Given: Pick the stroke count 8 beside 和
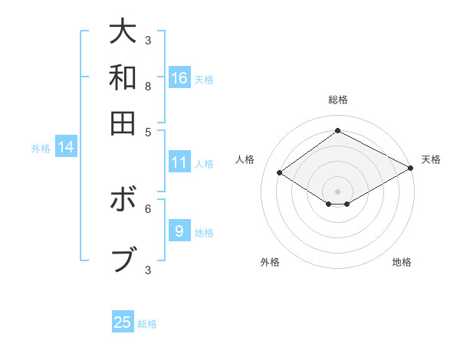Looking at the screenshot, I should (x=148, y=87).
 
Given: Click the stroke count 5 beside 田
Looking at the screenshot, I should (x=148, y=131).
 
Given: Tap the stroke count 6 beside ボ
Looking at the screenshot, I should (x=148, y=208).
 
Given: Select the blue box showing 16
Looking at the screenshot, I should (x=179, y=77).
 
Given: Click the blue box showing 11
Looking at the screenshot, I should (x=179, y=162).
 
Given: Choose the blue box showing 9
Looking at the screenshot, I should (x=179, y=231).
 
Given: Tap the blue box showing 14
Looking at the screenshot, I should (x=66, y=147).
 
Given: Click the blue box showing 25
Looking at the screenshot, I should (x=123, y=322).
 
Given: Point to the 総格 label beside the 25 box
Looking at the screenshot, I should (x=147, y=324).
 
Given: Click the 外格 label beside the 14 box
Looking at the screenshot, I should (x=41, y=149).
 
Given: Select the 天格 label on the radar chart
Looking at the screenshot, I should (x=431, y=159).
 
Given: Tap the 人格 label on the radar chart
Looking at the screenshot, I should (x=245, y=159).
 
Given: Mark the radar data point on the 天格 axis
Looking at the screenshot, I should (x=411, y=169).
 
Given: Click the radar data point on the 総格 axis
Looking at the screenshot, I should (x=337, y=130).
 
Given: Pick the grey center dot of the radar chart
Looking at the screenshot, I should (x=337, y=190).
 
